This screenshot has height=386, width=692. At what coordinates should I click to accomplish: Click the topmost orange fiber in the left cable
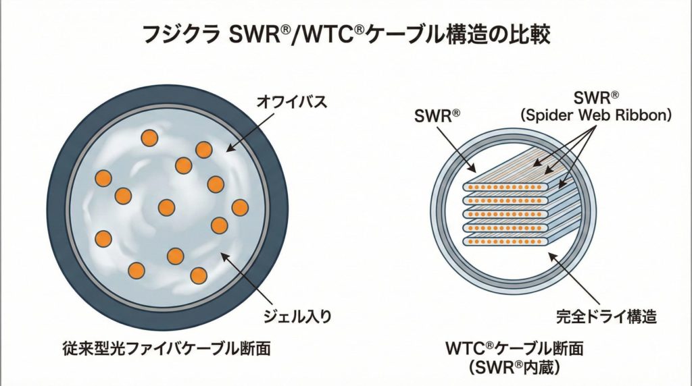[149, 138]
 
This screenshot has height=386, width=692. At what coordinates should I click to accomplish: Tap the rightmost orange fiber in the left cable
[240, 207]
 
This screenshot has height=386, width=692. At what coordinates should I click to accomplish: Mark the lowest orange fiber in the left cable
[198, 275]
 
